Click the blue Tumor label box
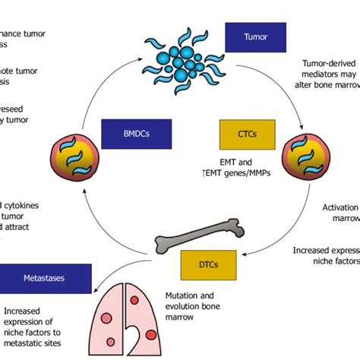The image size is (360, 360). pyautogui.click(x=249, y=36)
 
